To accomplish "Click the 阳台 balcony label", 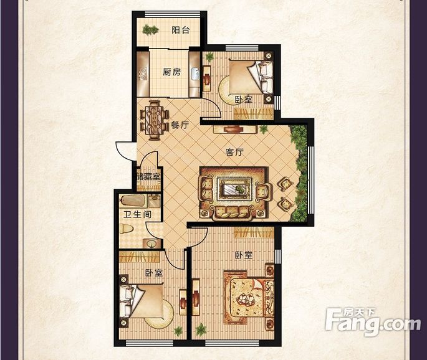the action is point(180,30).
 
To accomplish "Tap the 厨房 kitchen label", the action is point(171,72).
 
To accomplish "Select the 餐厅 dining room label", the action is point(180,125).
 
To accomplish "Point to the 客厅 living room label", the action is point(234,152).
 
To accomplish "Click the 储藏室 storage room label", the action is point(149,177).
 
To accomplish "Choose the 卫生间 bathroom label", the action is point(137,214).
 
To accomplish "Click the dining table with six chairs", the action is point(155,120).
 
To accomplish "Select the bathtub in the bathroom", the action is point(133,201).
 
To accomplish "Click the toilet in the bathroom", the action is point(126,229).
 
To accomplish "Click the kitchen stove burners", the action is point(143,74).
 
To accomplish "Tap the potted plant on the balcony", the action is point(150,29).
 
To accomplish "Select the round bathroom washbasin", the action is point(151,244).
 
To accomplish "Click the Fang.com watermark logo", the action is point(373,322).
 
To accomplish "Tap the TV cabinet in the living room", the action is point(235,129).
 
